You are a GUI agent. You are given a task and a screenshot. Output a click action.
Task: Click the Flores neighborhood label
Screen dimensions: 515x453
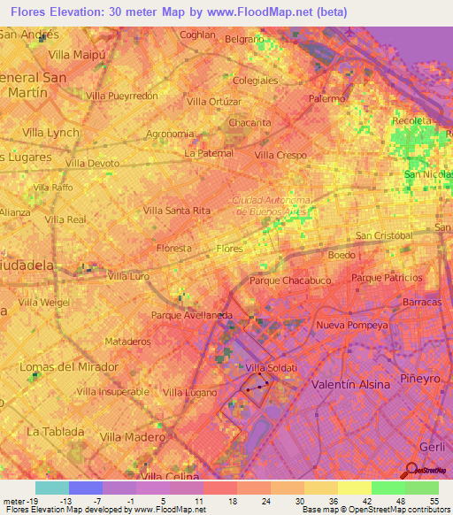229,249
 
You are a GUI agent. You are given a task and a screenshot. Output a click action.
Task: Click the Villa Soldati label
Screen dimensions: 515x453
268,368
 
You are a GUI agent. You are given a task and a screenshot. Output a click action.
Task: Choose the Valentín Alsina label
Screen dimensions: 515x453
353,385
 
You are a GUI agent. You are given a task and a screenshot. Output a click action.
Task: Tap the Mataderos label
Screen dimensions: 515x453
128,341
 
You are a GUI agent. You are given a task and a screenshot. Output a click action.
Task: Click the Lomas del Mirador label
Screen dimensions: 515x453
69,367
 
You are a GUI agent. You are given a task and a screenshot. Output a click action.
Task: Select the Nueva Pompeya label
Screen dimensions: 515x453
352,326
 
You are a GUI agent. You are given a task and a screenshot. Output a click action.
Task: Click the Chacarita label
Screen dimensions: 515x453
250,123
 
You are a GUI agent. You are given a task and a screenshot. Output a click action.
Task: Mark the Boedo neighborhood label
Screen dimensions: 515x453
342,255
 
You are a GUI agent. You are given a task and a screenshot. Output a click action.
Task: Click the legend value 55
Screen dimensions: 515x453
434,500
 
